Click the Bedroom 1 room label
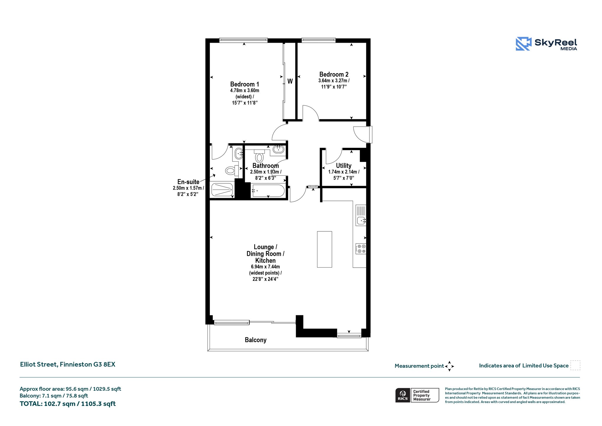245,84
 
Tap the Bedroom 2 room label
334,74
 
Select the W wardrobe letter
290,81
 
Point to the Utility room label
344,166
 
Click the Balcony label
256,340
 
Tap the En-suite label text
188,182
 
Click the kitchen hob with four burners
361,249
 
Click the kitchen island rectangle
325,249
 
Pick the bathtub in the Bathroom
268,191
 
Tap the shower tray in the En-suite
222,190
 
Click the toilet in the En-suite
232,170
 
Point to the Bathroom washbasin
278,149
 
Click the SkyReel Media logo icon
524,44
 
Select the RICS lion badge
403,395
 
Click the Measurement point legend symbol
449,366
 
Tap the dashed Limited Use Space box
575,365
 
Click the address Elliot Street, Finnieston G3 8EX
68,364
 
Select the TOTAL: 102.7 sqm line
68,404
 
